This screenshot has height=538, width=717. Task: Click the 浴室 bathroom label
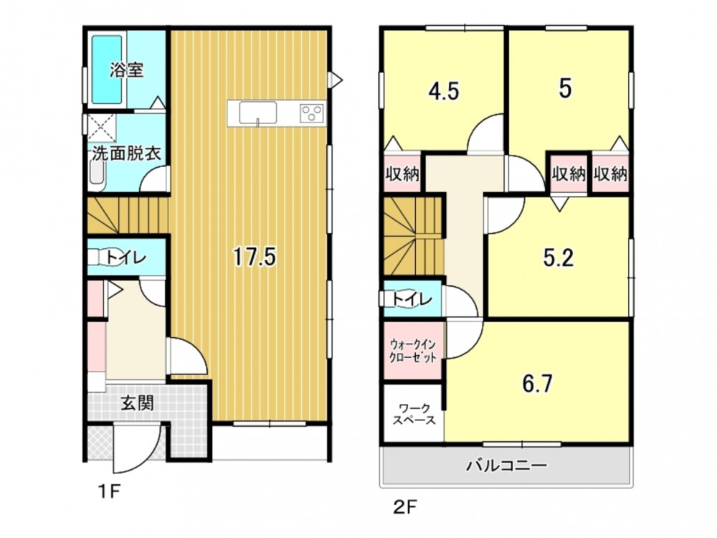(127, 70)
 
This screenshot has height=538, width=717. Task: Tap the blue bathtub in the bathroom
(108, 69)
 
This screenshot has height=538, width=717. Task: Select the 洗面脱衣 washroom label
(127, 154)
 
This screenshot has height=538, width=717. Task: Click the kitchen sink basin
(258, 113)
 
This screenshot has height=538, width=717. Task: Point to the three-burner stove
(312, 113)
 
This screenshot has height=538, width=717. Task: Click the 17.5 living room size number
(255, 256)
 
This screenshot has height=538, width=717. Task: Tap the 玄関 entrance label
(137, 403)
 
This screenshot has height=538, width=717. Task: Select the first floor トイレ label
(125, 258)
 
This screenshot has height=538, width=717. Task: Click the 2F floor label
(404, 507)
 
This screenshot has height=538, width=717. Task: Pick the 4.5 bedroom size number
(444, 92)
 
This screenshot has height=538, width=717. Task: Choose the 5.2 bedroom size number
(559, 258)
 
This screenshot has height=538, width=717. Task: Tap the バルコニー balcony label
(507, 466)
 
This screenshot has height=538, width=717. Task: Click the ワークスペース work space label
(414, 414)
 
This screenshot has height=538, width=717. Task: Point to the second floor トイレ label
(412, 300)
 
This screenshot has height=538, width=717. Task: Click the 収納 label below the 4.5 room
(402, 174)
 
